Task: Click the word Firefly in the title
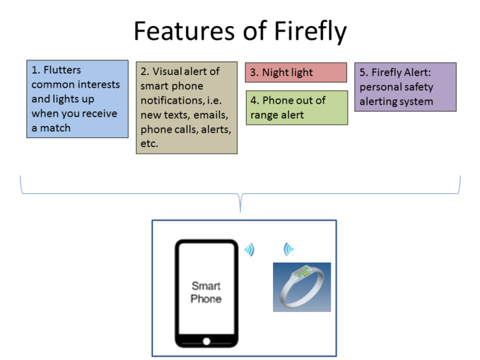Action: point(308,31)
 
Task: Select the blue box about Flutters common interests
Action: point(77,99)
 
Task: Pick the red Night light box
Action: point(296,72)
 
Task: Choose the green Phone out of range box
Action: point(296,108)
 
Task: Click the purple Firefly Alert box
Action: point(405,87)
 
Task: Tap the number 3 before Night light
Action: point(253,72)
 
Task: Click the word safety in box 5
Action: point(418,87)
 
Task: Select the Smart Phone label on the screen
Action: point(206,292)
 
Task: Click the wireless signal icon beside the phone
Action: point(250,250)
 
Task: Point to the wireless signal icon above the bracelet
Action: point(289,249)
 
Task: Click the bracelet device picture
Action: point(302,287)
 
